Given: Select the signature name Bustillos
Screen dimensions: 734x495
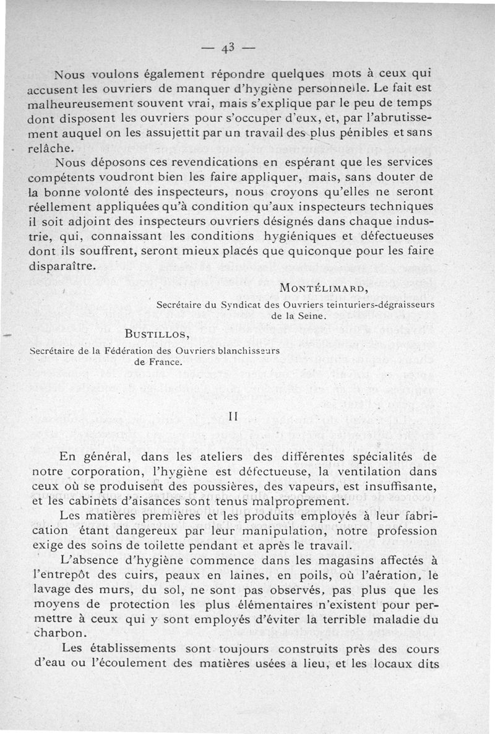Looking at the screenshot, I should pos(157,335).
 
